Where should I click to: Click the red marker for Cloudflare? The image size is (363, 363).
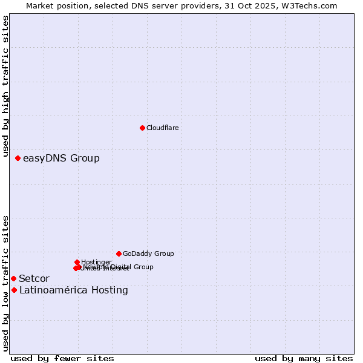(x=142, y=128)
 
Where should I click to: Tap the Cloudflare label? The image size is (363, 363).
(x=162, y=128)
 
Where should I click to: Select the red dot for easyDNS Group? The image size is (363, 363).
(x=18, y=159)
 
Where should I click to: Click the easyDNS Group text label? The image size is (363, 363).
(x=61, y=159)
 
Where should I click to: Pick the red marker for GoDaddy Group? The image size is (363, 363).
(x=119, y=253)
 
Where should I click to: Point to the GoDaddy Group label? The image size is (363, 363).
(x=148, y=254)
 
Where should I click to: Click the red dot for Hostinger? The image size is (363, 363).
(x=77, y=262)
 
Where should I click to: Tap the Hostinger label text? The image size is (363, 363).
(x=96, y=262)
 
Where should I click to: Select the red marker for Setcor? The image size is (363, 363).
(x=13, y=278)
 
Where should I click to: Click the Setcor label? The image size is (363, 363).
(x=34, y=279)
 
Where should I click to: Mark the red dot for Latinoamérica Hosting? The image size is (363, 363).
(x=14, y=290)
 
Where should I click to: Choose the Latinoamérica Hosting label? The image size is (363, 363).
(x=73, y=290)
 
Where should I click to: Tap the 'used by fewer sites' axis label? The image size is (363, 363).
(x=62, y=358)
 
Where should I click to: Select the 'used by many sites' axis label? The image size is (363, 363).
(x=303, y=358)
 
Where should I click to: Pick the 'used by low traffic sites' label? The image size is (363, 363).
(x=5, y=283)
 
